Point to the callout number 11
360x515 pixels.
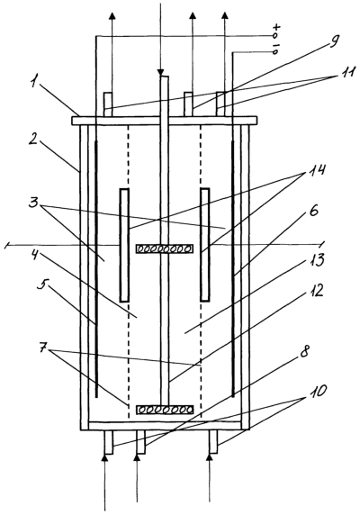(346, 72)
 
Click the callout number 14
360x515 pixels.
(317, 170)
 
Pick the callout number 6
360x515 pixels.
(313, 212)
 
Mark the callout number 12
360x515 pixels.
(315, 291)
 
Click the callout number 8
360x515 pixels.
(304, 352)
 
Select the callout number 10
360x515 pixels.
(318, 391)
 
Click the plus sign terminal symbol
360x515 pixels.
(277, 26)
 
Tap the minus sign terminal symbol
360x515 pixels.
(276, 45)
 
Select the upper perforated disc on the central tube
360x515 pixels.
(165, 248)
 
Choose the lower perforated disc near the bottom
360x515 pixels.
(165, 410)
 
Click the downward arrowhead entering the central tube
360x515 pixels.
(160, 72)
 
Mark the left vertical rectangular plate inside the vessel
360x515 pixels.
(124, 245)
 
